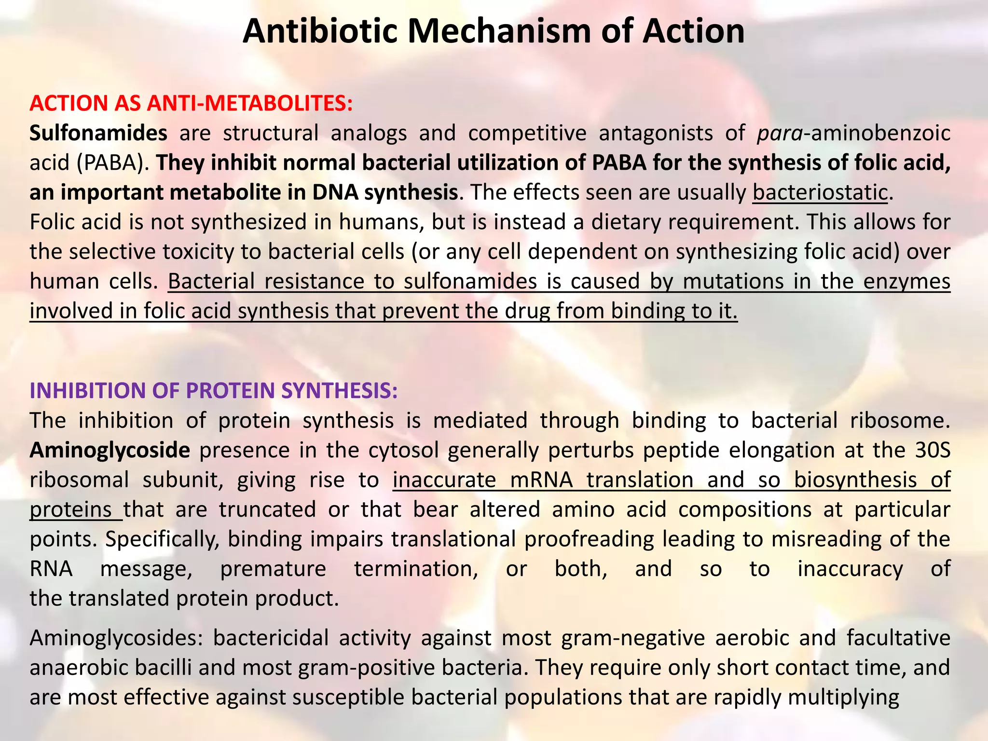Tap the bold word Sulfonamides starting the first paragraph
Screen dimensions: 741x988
pyautogui.click(x=98, y=133)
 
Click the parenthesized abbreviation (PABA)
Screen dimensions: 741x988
pyautogui.click(x=113, y=163)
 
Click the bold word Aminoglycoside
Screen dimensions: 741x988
pyautogui.click(x=110, y=450)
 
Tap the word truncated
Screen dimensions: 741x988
pyautogui.click(x=268, y=509)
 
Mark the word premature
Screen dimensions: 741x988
pyautogui.click(x=274, y=569)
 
